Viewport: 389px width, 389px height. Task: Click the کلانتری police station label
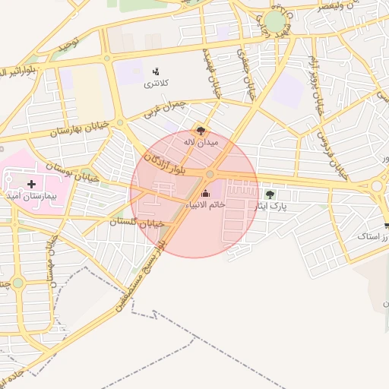coord(157,83)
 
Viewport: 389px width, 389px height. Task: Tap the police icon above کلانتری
coord(157,71)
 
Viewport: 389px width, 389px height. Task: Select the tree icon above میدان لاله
coord(201,130)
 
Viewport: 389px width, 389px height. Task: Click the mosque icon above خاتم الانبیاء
coord(205,194)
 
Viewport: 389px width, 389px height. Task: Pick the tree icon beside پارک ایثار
coord(270,194)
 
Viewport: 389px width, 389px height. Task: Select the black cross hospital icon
coord(31,184)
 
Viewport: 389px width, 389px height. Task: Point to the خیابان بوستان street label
coord(73,163)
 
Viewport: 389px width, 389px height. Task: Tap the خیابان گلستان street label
coord(137,223)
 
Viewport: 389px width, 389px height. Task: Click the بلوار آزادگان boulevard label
coord(164,152)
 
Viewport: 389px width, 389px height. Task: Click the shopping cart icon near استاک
coord(387,226)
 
